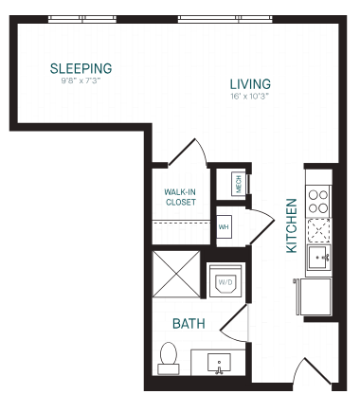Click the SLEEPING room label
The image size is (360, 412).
pyautogui.click(x=81, y=68)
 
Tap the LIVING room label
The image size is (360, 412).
pyautogui.click(x=250, y=84)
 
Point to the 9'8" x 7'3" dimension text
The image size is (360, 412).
pyautogui.click(x=81, y=81)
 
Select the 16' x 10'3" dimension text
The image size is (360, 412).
pyautogui.click(x=249, y=96)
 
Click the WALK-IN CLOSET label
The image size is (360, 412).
pyautogui.click(x=180, y=197)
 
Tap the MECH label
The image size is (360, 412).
pyautogui.click(x=239, y=184)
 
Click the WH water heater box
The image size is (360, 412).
pyautogui.click(x=224, y=226)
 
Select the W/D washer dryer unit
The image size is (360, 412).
pyautogui.click(x=225, y=280)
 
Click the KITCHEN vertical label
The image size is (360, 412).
pyautogui.click(x=292, y=225)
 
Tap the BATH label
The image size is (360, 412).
pyautogui.click(x=189, y=324)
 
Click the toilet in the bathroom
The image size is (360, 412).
pyautogui.click(x=169, y=358)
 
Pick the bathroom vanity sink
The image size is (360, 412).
pyautogui.click(x=219, y=363)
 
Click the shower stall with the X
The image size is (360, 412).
pyautogui.click(x=176, y=274)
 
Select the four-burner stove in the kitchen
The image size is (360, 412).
pyautogui.click(x=318, y=202)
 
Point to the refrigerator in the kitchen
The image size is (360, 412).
pyautogui.click(x=315, y=296)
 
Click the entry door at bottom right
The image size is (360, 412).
pyautogui.click(x=313, y=371)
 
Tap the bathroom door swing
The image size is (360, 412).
pyautogui.click(x=234, y=323)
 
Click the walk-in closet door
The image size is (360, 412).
pyautogui.click(x=188, y=152)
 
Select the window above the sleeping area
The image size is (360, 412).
pyautogui.click(x=82, y=19)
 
